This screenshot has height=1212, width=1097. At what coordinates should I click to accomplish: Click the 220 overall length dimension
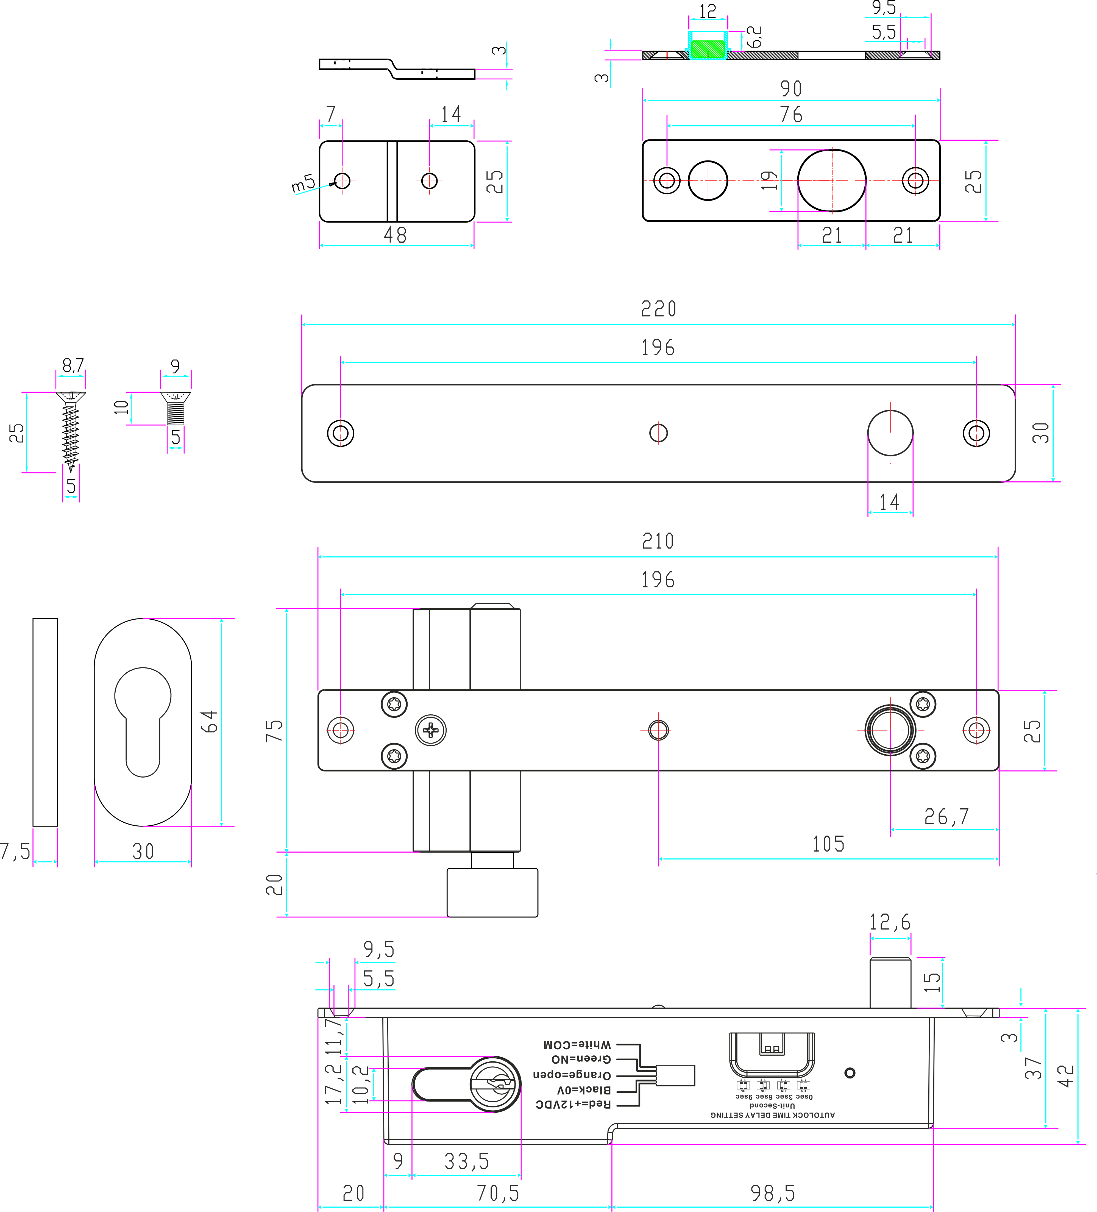tap(658, 309)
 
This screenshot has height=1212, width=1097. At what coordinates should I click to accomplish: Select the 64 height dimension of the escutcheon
tap(208, 722)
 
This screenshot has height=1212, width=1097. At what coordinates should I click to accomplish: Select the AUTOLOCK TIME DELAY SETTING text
tap(772, 1115)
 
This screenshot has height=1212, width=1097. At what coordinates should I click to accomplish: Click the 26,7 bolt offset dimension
tap(947, 816)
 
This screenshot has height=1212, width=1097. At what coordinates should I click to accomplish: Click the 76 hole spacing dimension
tap(791, 114)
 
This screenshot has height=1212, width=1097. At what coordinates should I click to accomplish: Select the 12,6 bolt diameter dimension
tap(890, 922)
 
